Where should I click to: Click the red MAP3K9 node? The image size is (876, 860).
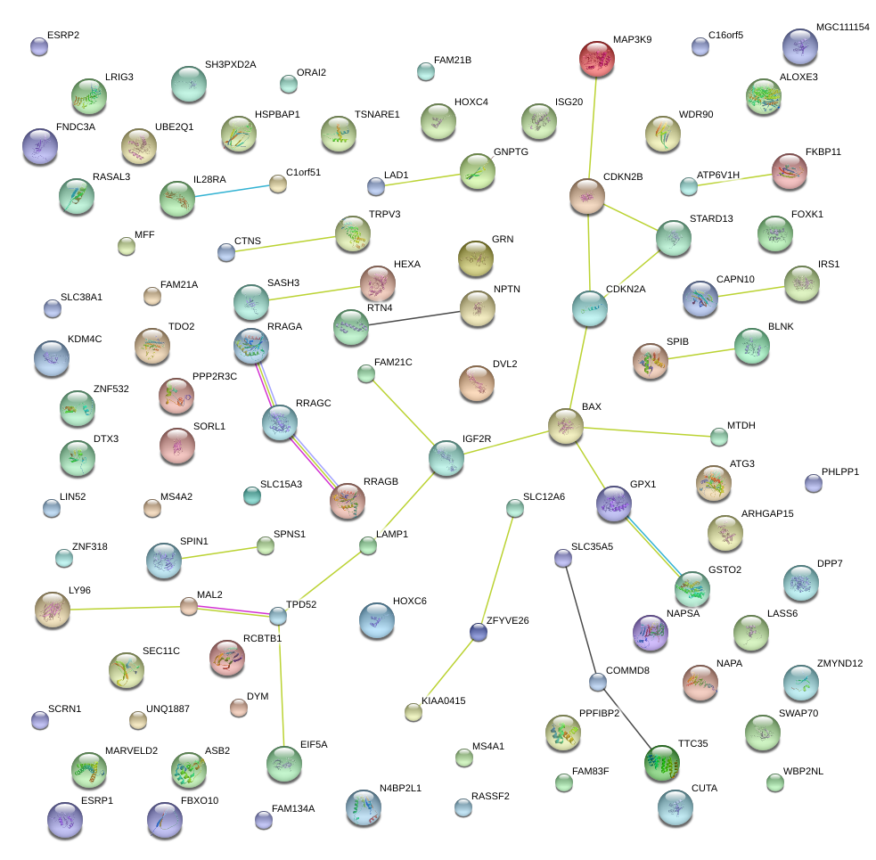[x=597, y=60]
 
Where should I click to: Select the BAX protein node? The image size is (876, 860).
[x=565, y=426]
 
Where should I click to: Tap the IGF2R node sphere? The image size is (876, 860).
[x=446, y=457]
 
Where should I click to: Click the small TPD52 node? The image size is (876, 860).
[x=278, y=615]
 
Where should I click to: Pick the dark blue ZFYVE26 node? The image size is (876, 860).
[x=479, y=632]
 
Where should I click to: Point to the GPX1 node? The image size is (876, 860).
[x=613, y=504]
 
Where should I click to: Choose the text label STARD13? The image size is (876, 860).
[x=711, y=218]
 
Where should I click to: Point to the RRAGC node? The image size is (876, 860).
[x=280, y=422]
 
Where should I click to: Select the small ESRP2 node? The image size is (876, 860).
[x=38, y=46]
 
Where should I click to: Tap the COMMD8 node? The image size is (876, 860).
[x=597, y=683]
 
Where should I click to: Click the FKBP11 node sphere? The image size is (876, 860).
[x=789, y=171]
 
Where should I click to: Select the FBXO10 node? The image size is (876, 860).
[x=164, y=819]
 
